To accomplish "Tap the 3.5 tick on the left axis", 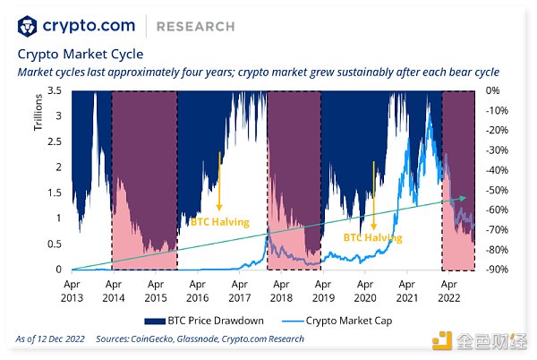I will (54, 90).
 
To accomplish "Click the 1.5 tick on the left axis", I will (54, 193).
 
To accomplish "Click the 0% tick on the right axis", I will (493, 90).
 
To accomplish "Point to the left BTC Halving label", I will (219, 221).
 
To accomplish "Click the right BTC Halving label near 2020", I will (373, 238).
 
